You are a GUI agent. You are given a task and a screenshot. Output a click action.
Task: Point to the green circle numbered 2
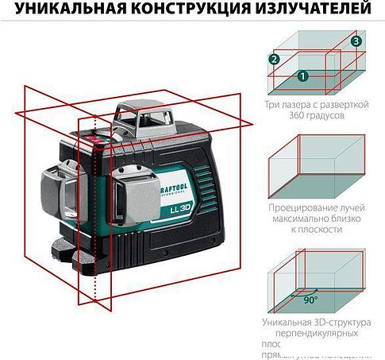(x=275, y=59)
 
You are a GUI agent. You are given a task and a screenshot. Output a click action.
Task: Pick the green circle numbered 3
(x=356, y=41)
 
